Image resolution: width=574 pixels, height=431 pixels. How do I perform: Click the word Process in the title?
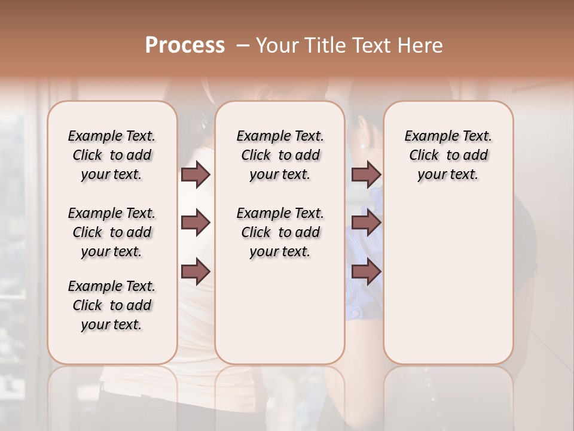pos(184,45)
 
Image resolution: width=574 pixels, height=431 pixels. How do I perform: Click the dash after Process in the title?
pos(242,46)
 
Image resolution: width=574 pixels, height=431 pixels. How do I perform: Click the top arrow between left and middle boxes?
pos(196,174)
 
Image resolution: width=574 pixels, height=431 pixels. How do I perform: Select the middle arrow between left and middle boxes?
pos(196,223)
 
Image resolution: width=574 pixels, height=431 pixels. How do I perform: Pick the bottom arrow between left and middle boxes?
pos(196,272)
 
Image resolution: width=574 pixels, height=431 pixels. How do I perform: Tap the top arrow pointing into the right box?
pos(366,174)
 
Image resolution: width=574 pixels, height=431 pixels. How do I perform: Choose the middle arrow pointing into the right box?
pos(366,223)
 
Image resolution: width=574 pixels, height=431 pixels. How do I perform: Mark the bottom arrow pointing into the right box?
pos(366,272)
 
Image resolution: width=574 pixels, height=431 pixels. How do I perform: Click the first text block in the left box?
pos(112,155)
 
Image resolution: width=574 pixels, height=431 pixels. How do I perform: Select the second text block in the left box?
pos(112,232)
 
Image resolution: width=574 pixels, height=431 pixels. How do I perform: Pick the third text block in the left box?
pos(112,305)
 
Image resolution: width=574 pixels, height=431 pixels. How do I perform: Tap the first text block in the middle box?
pos(280,155)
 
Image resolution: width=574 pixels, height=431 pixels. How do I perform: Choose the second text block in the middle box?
pos(280,232)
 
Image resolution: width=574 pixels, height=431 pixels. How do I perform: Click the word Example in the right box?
pos(427,136)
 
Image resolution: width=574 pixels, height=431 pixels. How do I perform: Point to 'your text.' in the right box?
pos(448,175)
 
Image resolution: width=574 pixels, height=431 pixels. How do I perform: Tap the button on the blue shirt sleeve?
pos(355,312)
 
